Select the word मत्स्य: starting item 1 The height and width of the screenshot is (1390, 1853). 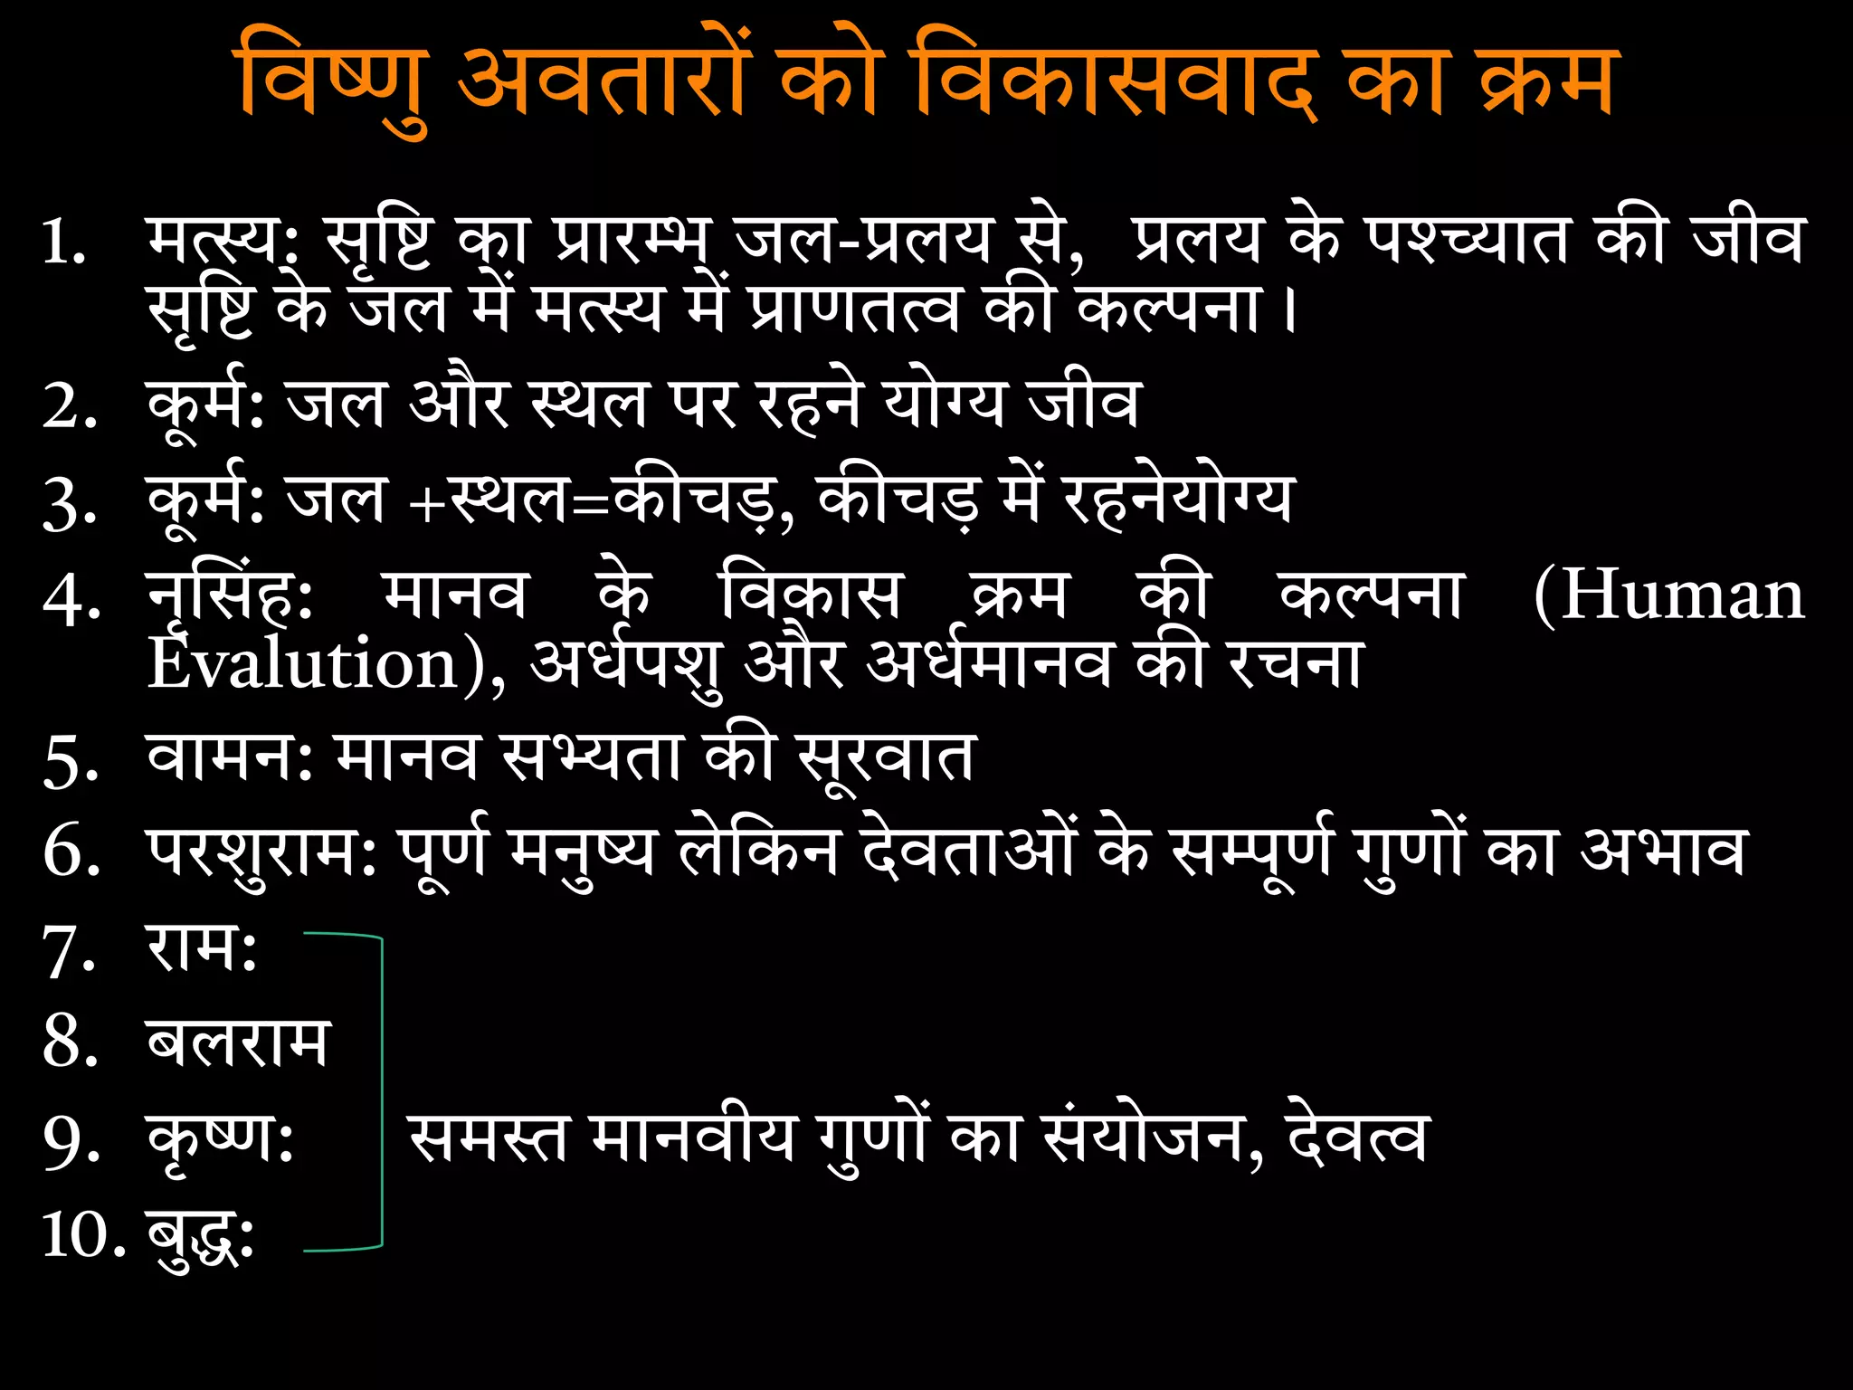[223, 243]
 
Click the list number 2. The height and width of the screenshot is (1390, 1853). [69, 406]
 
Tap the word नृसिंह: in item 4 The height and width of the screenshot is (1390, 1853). [230, 597]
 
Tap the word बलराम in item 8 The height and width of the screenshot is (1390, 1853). [237, 1042]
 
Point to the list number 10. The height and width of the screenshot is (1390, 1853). [83, 1234]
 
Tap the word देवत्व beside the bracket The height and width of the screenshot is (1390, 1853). [1357, 1138]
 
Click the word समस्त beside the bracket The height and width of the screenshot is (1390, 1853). [489, 1138]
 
